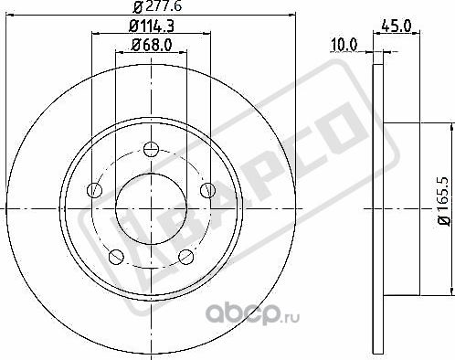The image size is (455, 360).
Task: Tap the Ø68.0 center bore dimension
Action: point(152,46)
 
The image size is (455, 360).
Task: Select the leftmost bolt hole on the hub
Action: point(93,190)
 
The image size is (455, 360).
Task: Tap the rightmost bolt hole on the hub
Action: point(209,189)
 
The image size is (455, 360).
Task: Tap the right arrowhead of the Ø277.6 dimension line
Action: point(296,15)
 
